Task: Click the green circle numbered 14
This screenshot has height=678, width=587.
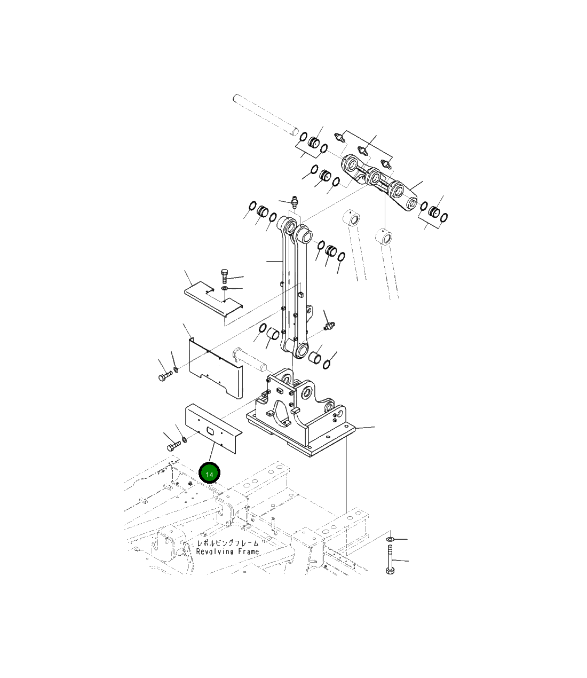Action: pos(209,473)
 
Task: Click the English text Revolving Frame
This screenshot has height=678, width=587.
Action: pos(227,551)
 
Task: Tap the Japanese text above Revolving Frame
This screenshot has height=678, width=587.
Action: pos(227,543)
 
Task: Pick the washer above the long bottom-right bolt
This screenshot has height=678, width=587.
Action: pos(390,539)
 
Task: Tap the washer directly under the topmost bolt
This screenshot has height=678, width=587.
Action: pos(224,288)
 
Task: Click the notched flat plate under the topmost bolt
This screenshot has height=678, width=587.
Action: pos(213,298)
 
